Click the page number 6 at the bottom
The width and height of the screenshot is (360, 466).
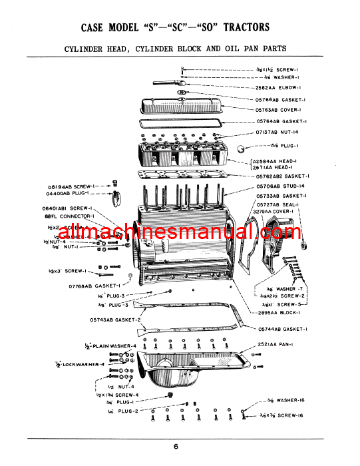tap(176, 447)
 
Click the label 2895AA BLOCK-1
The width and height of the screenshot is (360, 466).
tap(280, 312)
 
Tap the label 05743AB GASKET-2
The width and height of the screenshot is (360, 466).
tap(115, 319)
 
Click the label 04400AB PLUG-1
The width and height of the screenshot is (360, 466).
tap(69, 193)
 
